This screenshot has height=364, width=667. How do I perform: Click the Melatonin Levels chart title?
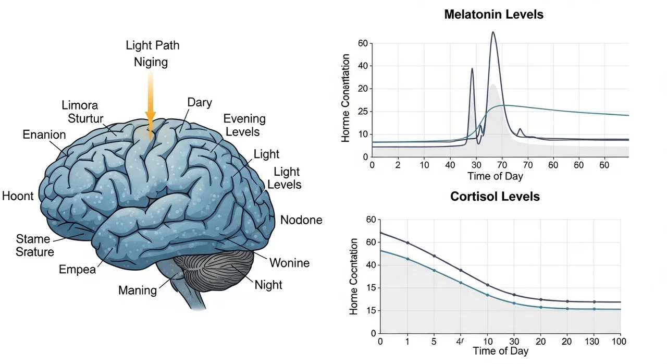(x=493, y=15)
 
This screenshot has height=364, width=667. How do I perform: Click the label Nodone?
(x=301, y=220)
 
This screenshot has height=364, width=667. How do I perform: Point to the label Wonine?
(x=289, y=262)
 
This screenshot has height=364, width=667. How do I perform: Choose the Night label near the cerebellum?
(x=268, y=285)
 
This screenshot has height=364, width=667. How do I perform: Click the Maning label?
(x=138, y=290)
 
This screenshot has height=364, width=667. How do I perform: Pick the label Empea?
(x=78, y=270)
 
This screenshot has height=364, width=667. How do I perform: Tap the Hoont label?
(x=18, y=197)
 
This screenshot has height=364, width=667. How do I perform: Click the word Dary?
(x=200, y=103)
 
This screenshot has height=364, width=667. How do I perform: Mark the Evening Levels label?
(x=244, y=125)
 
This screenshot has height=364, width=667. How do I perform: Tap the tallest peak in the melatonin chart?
(x=493, y=33)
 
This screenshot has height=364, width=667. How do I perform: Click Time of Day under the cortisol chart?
(x=500, y=351)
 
